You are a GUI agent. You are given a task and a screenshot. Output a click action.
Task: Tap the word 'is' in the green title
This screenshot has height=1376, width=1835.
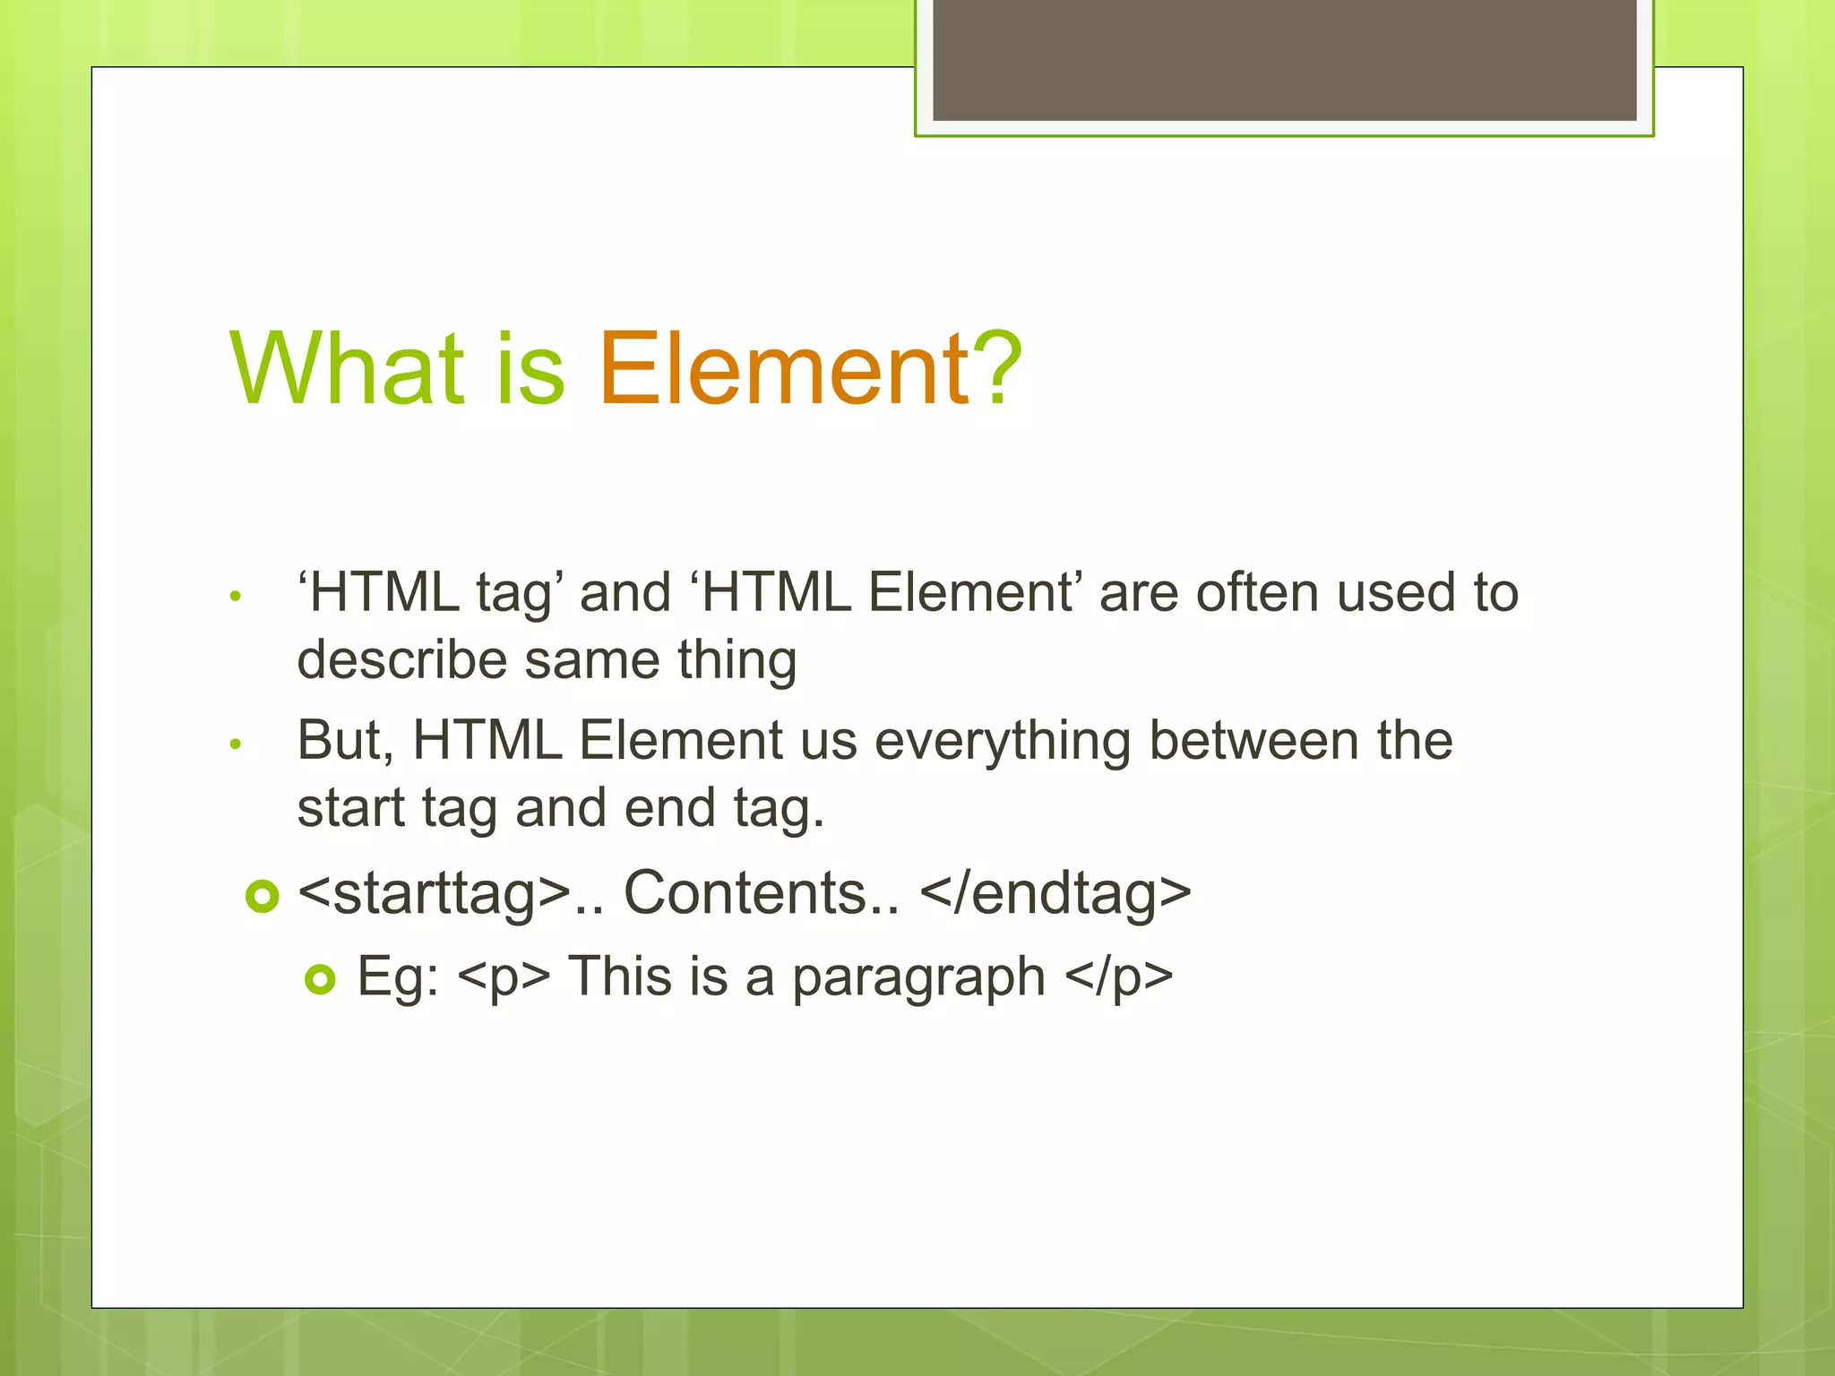(530, 369)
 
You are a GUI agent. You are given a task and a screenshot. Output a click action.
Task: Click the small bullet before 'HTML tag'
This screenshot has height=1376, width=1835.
(236, 597)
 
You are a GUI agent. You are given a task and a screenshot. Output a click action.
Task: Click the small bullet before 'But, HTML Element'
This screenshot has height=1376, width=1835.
(236, 744)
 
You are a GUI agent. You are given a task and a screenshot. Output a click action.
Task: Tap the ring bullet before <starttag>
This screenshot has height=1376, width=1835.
(263, 896)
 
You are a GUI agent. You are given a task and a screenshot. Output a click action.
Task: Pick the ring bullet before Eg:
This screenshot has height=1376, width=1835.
(320, 979)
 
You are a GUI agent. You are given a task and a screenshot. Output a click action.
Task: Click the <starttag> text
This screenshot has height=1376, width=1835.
(435, 894)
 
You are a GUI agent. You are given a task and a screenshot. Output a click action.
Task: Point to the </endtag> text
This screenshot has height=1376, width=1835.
(1055, 894)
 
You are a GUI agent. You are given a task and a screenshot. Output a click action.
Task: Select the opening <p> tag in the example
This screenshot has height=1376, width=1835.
(504, 977)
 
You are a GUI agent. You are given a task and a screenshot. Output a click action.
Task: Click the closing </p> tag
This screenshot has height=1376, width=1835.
(1119, 977)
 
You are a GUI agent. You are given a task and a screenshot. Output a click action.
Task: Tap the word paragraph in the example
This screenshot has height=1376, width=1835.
(918, 977)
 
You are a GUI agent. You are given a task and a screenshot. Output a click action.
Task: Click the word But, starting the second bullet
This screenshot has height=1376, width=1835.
(345, 741)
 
